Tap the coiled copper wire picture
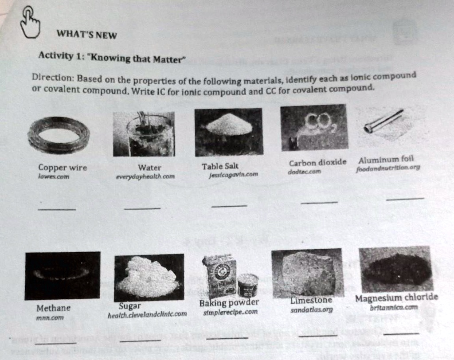coord(59,134)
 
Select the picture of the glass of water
coord(144,133)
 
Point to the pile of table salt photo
coord(229,131)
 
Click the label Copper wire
coord(63,168)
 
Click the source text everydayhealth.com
coord(145,176)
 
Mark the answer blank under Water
coord(142,207)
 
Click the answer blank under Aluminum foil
coord(404,199)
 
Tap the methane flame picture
coord(62,275)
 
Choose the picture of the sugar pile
coord(149,277)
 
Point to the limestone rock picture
coord(308,272)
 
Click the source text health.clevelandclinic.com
coord(147,314)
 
